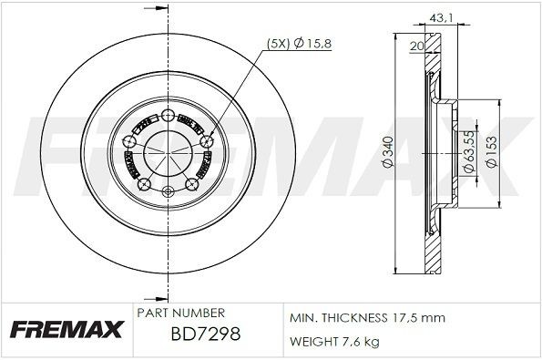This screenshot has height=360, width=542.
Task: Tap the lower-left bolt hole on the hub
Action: [x=142, y=184]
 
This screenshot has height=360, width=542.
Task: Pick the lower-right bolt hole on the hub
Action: [x=191, y=184]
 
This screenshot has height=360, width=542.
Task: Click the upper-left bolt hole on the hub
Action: [x=128, y=139]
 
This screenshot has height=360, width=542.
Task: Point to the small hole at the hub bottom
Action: [x=167, y=192]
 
